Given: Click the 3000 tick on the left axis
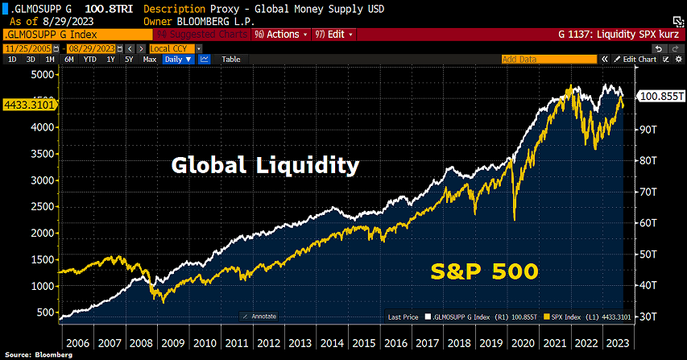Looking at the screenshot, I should (x=43, y=180).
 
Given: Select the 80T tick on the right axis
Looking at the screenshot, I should (x=649, y=160).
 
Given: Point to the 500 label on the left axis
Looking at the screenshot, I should (x=46, y=312).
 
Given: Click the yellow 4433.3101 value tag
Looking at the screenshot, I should (x=29, y=104).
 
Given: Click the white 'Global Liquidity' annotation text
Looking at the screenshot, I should (x=265, y=166).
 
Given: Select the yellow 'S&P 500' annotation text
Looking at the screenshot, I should (x=482, y=271).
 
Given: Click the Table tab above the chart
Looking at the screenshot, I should (x=231, y=60).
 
